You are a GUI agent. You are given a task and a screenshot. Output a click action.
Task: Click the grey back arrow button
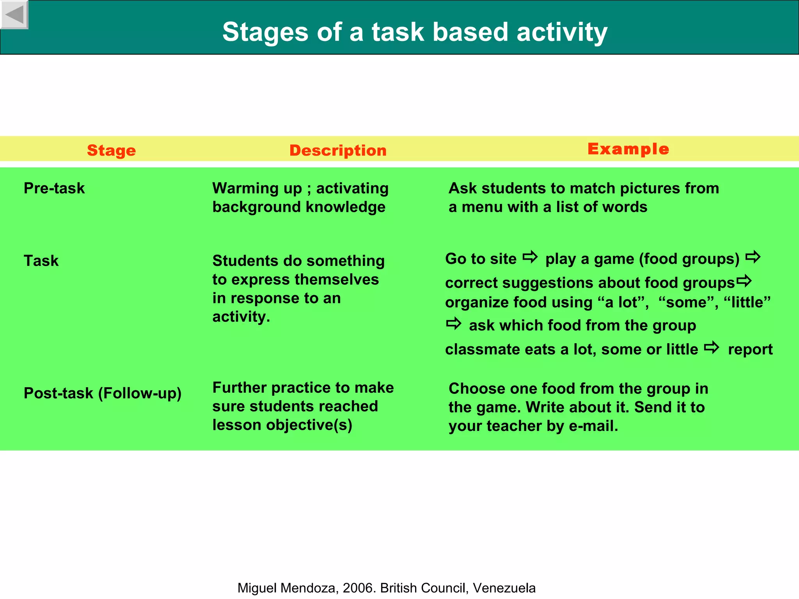pos(14,14)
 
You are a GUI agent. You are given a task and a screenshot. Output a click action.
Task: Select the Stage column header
pos(111,151)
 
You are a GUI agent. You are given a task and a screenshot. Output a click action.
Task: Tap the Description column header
pos(338,151)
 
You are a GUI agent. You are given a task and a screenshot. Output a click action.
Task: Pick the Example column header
pos(628,149)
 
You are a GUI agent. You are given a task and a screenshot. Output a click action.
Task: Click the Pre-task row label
pos(54,188)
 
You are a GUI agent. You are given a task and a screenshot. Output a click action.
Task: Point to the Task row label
pos(41,261)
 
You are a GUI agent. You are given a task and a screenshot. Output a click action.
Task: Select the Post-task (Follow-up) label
pos(103,393)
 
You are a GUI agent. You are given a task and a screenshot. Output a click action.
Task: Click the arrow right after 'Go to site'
pos(530,257)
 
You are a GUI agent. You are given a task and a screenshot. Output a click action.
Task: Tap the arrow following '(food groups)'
pos(753,257)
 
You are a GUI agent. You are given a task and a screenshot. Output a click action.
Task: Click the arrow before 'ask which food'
pos(454,324)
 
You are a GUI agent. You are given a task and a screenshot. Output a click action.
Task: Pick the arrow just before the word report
pos(712,347)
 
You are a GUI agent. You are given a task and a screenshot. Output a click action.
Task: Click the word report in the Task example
pos(750,349)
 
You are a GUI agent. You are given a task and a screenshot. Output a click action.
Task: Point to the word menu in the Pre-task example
pos(482,207)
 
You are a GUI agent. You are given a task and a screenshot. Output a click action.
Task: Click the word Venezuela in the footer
pos(504,588)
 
